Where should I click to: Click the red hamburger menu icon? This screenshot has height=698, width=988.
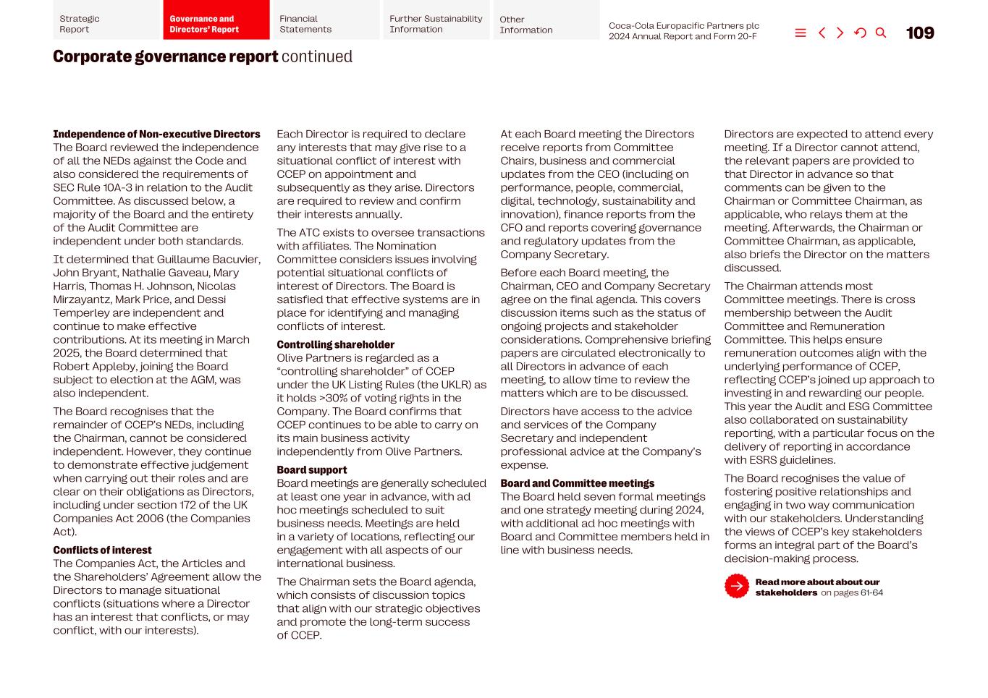coord(800,33)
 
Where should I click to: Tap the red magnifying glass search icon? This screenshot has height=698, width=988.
coord(880,33)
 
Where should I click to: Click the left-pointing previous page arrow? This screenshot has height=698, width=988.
coord(822,33)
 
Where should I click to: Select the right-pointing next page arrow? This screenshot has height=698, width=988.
coord(840,33)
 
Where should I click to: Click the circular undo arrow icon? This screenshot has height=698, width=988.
coord(860,33)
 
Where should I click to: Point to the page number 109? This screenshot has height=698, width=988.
coord(919,33)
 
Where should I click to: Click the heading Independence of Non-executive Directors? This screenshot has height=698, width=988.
coord(156,135)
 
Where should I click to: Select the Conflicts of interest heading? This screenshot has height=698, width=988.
coord(102,550)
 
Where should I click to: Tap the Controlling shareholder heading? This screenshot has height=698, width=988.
coord(335,345)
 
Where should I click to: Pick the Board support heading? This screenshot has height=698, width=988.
coord(311,470)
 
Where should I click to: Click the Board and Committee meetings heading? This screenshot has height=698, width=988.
coord(577,484)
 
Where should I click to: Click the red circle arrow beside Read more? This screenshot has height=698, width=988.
coord(736,587)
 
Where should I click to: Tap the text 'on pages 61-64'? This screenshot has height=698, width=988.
coord(851,593)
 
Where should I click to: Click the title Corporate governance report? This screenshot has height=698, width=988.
coord(165,56)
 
